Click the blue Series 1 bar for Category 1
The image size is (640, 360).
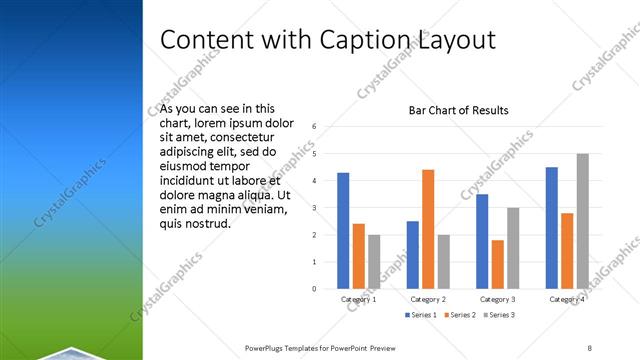point(343,231)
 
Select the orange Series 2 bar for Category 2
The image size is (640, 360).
point(428,229)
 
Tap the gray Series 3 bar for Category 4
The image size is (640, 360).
point(582,221)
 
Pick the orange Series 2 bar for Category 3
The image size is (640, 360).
point(497,264)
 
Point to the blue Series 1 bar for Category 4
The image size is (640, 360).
point(551,228)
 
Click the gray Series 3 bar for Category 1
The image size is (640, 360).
point(374,262)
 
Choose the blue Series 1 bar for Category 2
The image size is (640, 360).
point(412,255)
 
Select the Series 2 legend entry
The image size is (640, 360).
point(459,315)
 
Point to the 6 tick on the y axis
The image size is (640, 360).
point(314,127)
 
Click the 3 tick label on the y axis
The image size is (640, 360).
point(314,208)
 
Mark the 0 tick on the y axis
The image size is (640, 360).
point(314,289)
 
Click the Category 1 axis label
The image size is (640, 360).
point(358,299)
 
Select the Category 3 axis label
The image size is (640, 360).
point(497,299)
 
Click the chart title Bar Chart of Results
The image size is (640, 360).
point(458,110)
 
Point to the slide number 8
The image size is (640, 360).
point(590,347)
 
